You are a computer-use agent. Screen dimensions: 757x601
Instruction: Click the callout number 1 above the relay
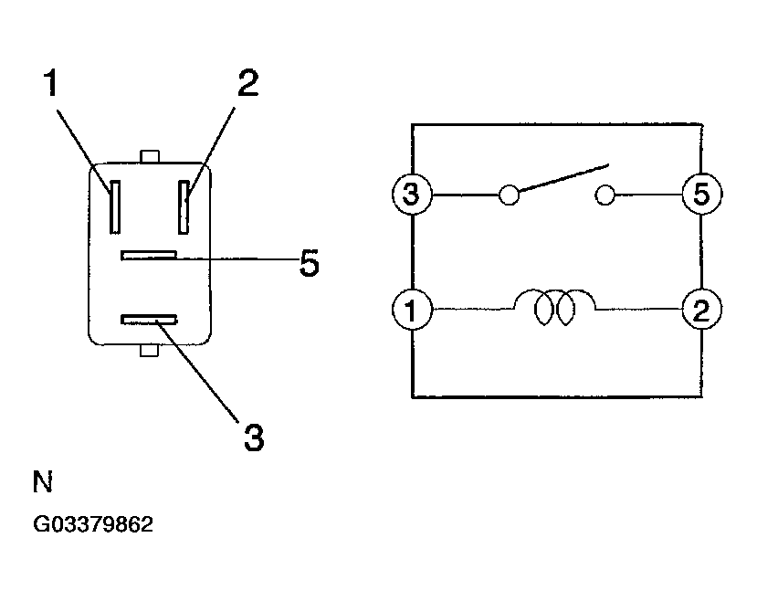pos(51,82)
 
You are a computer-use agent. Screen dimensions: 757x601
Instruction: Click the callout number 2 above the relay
pos(248,82)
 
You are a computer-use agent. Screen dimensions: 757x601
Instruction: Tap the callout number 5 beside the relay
pos(310,263)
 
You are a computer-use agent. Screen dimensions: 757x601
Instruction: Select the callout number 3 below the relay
pos(254,438)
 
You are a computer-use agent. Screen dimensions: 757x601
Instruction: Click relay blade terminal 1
pos(115,207)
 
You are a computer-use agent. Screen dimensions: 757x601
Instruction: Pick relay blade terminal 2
pos(184,207)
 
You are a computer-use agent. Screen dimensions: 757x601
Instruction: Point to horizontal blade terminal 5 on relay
pos(149,256)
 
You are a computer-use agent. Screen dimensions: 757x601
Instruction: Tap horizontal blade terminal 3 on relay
pos(149,319)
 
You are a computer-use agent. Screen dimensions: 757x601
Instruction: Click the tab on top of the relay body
pos(149,157)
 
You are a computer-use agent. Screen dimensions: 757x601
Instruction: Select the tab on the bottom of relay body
pos(149,351)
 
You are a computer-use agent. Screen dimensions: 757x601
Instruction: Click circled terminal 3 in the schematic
pos(412,194)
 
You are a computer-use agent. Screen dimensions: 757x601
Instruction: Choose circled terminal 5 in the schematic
pos(702,194)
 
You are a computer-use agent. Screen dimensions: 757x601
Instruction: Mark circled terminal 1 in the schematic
pos(412,310)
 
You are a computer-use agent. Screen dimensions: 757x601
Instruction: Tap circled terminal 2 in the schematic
pos(702,310)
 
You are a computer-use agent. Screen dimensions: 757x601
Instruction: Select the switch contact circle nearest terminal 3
pos(509,195)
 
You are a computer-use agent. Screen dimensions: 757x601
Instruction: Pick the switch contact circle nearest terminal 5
pos(605,195)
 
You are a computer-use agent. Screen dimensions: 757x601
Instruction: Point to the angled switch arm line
pos(563,177)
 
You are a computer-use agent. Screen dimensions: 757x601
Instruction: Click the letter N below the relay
pos(43,481)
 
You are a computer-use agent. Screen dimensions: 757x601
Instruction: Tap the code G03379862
pos(93,524)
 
